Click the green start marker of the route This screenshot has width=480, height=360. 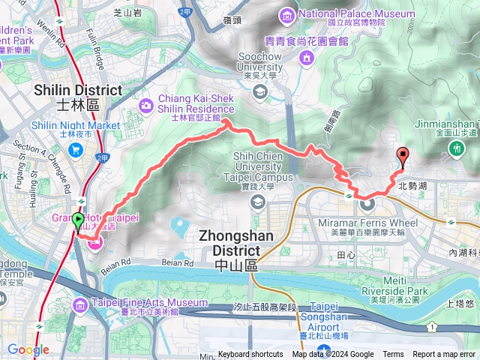pos(78,221)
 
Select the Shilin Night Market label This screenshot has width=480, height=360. pos(76,125)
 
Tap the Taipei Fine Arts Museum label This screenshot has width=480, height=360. pos(139,303)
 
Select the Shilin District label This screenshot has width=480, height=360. pos(77,91)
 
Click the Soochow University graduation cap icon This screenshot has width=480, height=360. pos(260,92)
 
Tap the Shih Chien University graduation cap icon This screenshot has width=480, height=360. pos(257,202)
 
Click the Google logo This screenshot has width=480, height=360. pos(28,349)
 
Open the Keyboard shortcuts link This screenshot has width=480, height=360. pos(250,355)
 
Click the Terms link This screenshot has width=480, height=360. pos(393,355)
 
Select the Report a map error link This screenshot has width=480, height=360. pos(445,355)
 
